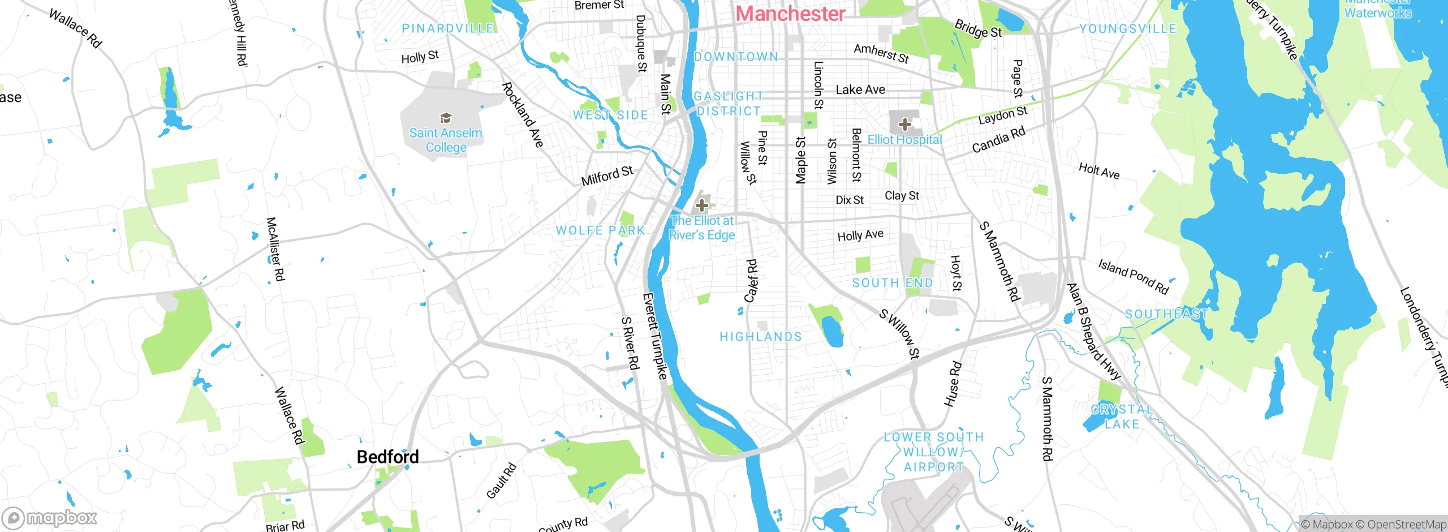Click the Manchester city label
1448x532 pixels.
[790, 14]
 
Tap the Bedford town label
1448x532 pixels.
[387, 457]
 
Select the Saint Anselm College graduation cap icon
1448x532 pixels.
[446, 118]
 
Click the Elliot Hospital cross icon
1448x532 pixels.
[904, 124]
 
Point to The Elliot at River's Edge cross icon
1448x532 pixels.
[702, 205]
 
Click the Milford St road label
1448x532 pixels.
[607, 175]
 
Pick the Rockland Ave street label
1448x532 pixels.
[523, 115]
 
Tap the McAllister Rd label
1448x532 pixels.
[275, 249]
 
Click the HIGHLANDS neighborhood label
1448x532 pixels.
[761, 337]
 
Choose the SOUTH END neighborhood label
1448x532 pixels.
[892, 283]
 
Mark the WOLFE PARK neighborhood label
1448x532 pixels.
[600, 230]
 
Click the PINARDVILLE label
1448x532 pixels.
[448, 28]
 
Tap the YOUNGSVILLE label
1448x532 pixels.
[1128, 29]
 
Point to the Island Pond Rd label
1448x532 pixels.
[1133, 276]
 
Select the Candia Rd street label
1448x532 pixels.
[998, 140]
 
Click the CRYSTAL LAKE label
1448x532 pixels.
[1121, 417]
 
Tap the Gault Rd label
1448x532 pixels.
[501, 480]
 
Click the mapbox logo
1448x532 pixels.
[50, 518]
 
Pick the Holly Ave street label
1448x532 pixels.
[860, 235]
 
